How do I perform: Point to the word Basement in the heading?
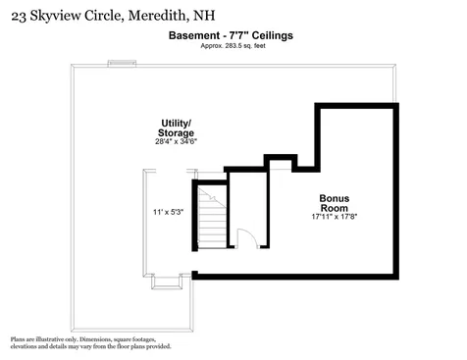tap(191, 36)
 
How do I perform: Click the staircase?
tap(211, 220)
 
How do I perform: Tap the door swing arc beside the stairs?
tap(246, 238)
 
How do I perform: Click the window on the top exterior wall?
tap(121, 65)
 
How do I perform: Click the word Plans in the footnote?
tap(19, 338)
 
